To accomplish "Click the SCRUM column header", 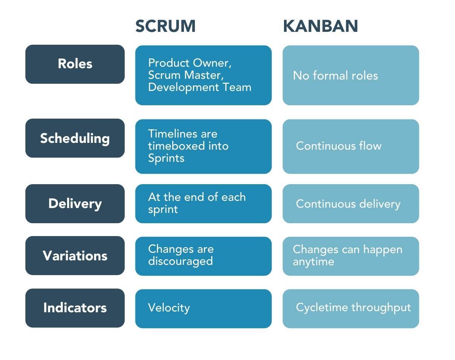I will (x=165, y=26).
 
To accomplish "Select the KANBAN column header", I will (x=320, y=26).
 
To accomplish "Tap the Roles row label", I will (x=75, y=64).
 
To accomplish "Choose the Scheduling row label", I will (x=75, y=138).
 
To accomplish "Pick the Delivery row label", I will (x=75, y=204).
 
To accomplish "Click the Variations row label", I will (x=75, y=256).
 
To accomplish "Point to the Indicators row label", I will (x=75, y=308).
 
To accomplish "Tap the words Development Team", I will (x=199, y=87).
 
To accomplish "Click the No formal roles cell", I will (x=335, y=75).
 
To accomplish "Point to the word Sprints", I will (x=166, y=158).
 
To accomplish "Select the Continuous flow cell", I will (x=339, y=146).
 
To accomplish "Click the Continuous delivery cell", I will (x=348, y=204).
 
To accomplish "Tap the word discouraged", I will (x=180, y=261).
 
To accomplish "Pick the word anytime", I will (x=313, y=261).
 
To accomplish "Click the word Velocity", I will (x=169, y=307).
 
